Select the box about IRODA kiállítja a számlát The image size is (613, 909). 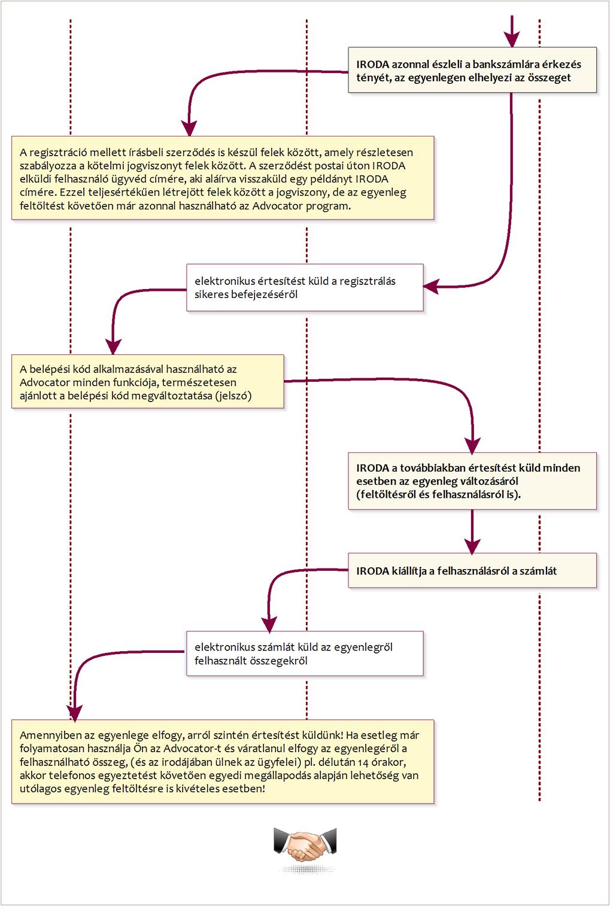click(x=472, y=570)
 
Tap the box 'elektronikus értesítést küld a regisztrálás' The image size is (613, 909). click(x=305, y=288)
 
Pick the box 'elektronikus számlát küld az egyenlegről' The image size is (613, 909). click(x=305, y=653)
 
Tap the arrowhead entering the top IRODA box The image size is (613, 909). click(x=512, y=40)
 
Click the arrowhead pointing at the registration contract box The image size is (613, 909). click(x=190, y=128)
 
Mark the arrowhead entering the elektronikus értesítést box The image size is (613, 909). click(x=431, y=287)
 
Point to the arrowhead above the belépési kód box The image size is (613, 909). click(x=113, y=347)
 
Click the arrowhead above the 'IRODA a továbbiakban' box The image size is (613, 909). click(x=472, y=445)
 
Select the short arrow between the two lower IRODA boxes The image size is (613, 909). click(x=472, y=531)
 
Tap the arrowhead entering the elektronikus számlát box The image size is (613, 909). click(x=269, y=624)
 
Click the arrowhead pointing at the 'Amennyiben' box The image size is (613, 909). click(x=75, y=713)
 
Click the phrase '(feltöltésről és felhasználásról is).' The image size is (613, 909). click(x=438, y=494)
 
